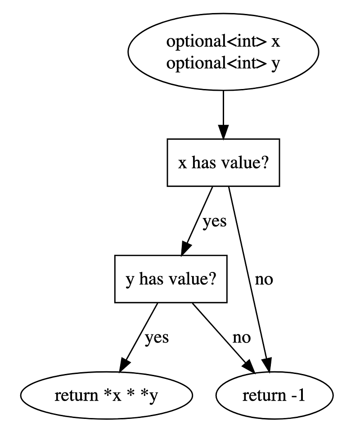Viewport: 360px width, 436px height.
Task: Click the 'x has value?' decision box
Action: [x=224, y=162]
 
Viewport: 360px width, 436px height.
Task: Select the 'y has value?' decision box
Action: [x=171, y=279]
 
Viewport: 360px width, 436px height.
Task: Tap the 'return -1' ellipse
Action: [x=275, y=396]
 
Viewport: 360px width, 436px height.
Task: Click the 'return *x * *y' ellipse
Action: [x=106, y=396]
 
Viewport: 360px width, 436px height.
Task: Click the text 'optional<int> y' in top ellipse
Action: [x=224, y=63]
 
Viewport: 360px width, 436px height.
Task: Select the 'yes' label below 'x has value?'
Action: [x=214, y=222]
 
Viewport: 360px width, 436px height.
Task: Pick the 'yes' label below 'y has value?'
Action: [x=157, y=337]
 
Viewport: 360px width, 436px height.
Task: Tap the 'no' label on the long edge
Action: [x=264, y=279]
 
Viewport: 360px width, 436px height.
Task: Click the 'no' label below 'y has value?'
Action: [x=242, y=337]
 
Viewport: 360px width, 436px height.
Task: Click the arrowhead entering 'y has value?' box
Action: [x=186, y=249]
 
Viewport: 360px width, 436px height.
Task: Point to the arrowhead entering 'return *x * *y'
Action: [x=124, y=365]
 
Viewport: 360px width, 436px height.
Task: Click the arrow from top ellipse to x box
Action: [x=224, y=110]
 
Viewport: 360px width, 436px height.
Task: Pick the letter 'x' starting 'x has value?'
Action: [x=182, y=163]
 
